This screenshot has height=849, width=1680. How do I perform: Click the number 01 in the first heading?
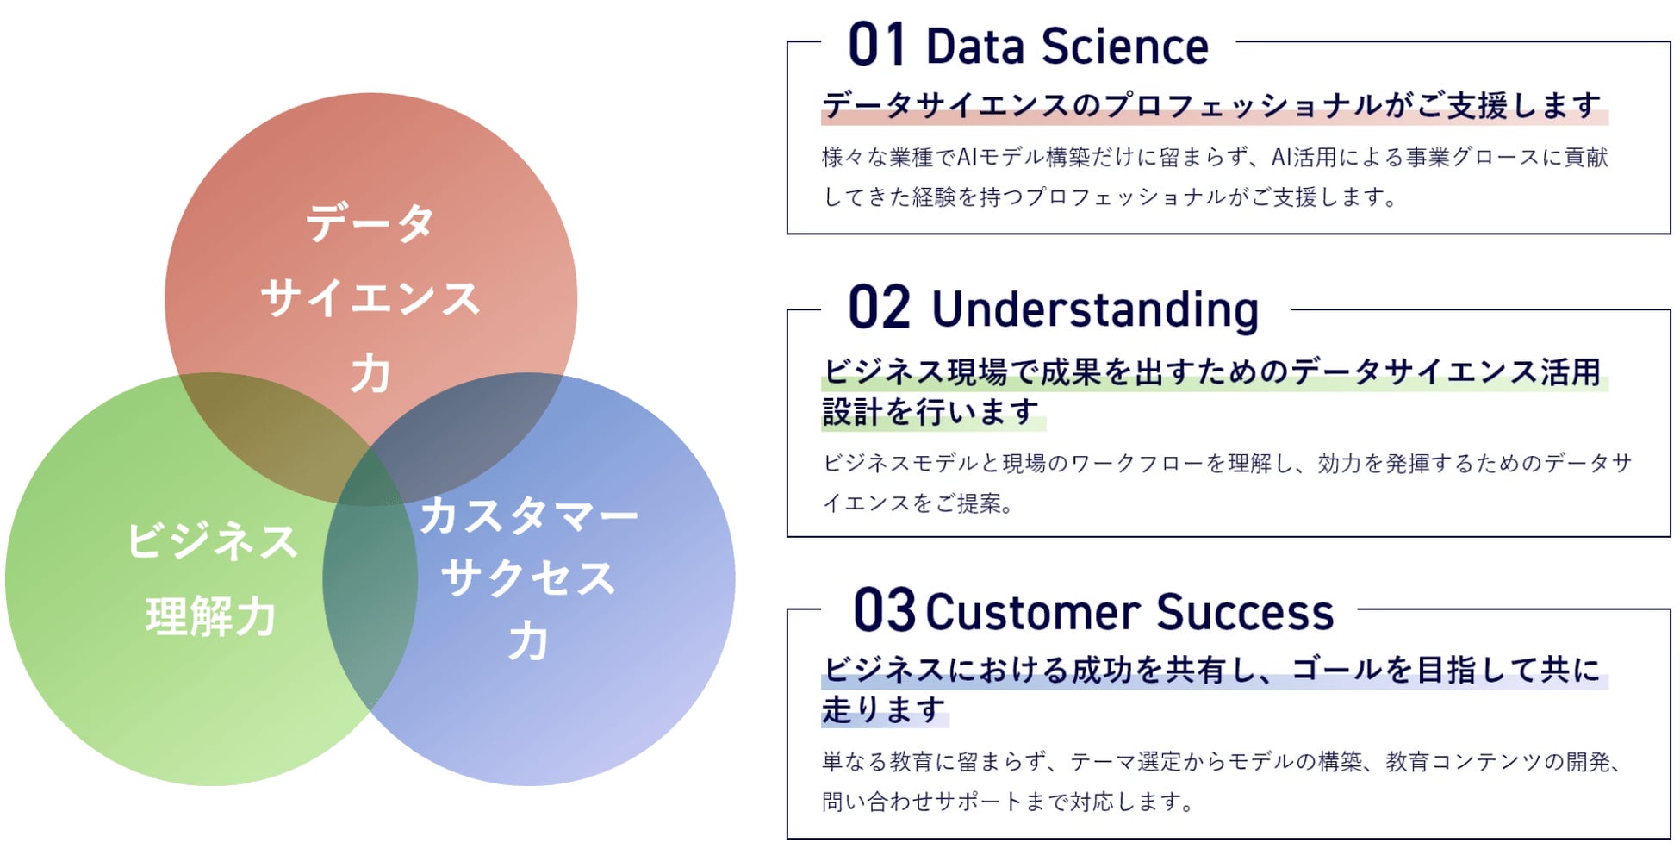pyautogui.click(x=876, y=45)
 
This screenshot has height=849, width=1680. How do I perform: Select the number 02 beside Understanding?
pyautogui.click(x=879, y=308)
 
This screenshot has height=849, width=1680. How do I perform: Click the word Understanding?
pyautogui.click(x=1095, y=309)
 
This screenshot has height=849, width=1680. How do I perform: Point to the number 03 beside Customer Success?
pyautogui.click(x=884, y=610)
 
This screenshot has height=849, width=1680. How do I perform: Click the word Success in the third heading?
pyautogui.click(x=1245, y=612)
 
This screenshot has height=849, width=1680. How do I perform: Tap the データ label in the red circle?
pyautogui.click(x=370, y=222)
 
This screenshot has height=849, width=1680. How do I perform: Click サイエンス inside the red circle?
pyautogui.click(x=370, y=298)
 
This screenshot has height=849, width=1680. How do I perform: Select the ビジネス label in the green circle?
pyautogui.click(x=212, y=541)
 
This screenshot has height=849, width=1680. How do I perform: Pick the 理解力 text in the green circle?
pyautogui.click(x=211, y=616)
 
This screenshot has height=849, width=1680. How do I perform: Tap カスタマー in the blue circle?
pyautogui.click(x=528, y=515)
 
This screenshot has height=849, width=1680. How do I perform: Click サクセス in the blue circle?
pyautogui.click(x=528, y=577)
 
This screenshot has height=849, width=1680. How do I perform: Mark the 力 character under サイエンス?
pyautogui.click(x=370, y=373)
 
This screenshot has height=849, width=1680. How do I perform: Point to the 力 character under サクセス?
pyautogui.click(x=528, y=641)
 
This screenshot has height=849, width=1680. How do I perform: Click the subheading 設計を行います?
pyautogui.click(x=930, y=411)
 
